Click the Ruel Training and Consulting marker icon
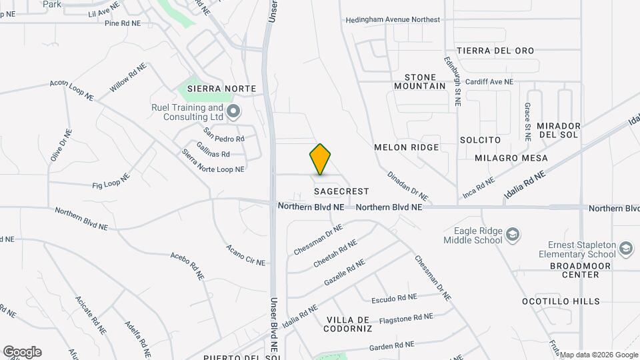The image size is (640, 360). [232, 111]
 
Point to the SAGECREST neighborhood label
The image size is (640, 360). [341, 191]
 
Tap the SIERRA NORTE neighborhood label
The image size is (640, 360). [212, 89]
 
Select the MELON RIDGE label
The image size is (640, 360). [406, 147]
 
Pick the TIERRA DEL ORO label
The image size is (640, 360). [495, 51]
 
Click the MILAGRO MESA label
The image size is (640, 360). [511, 158]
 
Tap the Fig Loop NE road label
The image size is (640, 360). [111, 181]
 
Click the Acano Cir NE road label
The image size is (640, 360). [245, 254]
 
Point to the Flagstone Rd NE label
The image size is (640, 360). [407, 319]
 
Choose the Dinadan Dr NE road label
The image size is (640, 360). [407, 186]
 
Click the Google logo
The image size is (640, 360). [22, 352]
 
